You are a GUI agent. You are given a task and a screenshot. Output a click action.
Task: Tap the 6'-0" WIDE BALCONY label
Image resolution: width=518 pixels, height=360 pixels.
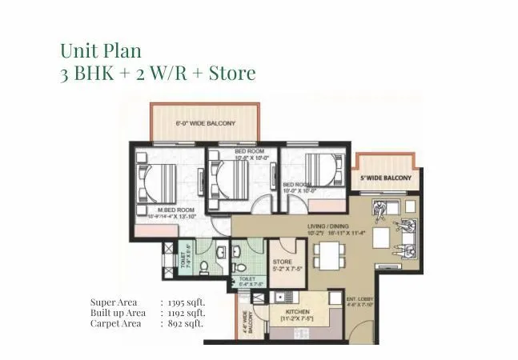(x=205, y=124)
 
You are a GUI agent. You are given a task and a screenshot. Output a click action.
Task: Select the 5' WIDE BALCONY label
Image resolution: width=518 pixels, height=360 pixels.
(x=384, y=178)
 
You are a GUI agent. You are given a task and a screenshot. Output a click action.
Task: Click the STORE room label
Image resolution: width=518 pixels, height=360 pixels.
(x=282, y=262)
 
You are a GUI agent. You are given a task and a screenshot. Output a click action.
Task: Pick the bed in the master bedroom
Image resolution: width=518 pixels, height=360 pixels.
(x=166, y=182)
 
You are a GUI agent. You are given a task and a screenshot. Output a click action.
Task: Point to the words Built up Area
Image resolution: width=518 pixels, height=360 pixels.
(x=118, y=313)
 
